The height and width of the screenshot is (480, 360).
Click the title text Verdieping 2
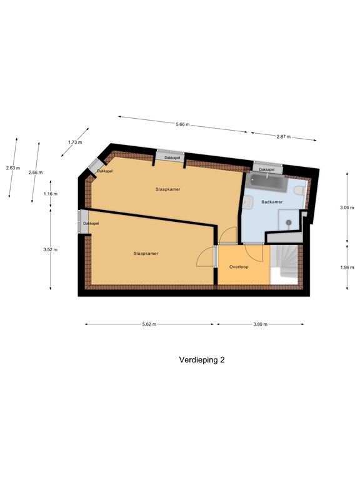click(201, 360)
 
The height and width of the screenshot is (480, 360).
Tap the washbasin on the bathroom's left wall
click(247, 201)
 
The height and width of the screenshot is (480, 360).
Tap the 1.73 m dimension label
click(74, 142)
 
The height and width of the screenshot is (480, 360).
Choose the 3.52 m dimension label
click(55, 249)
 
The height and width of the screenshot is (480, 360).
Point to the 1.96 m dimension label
click(351, 267)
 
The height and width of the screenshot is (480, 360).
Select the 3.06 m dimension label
click(351, 207)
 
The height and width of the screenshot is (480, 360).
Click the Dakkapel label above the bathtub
click(267, 169)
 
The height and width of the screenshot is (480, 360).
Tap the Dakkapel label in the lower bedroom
click(91, 223)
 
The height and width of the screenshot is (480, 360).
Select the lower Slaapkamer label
click(146, 253)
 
